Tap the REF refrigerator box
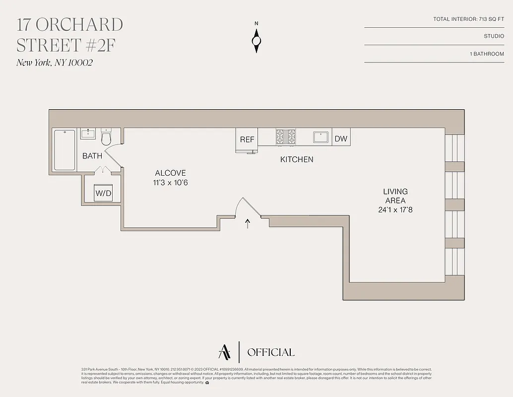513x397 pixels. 247,139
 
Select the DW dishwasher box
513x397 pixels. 341,139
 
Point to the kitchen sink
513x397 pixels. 321,136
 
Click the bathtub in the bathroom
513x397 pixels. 64,149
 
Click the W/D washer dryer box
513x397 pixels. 103,193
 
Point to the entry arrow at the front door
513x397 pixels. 248,223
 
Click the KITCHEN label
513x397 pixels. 297,159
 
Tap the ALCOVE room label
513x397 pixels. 171,173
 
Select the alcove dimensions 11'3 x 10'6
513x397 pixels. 171,183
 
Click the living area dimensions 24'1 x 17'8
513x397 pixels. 395,210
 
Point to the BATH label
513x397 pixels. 92,156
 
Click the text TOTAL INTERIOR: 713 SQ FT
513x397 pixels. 468,19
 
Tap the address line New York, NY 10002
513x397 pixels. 55,63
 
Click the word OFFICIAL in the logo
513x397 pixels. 270,352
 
